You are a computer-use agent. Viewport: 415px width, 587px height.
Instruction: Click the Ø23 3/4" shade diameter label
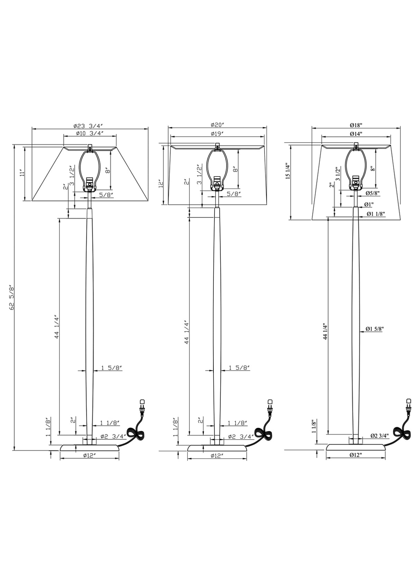pyautogui.click(x=89, y=126)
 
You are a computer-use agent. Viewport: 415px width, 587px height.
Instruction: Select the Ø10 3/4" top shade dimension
pyautogui.click(x=89, y=133)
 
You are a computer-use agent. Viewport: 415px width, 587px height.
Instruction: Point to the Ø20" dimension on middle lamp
pyautogui.click(x=218, y=125)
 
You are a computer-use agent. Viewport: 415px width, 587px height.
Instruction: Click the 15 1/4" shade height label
pyautogui.click(x=287, y=172)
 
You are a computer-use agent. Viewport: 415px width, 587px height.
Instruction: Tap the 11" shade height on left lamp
pyautogui.click(x=21, y=173)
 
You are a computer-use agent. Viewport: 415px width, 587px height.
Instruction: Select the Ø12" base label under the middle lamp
pyautogui.click(x=217, y=456)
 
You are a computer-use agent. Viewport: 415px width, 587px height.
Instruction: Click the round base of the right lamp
pyautogui.click(x=356, y=448)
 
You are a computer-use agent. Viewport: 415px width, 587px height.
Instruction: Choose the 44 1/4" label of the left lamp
pyautogui.click(x=57, y=326)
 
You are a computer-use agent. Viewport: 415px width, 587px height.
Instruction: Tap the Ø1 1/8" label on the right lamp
pyautogui.click(x=376, y=214)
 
